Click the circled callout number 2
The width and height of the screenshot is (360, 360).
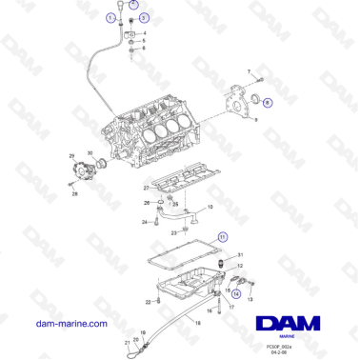pos(133,5)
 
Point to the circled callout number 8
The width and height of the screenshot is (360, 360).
pos(267,102)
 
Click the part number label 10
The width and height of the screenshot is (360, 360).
pos(210,206)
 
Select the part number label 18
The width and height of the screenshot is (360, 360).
pos(197,323)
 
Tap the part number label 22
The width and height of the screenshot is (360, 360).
pos(148,301)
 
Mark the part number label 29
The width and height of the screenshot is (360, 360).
pos(71,154)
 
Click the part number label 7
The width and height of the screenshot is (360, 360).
pos(250,71)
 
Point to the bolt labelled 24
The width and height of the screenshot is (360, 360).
pos(154,222)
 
